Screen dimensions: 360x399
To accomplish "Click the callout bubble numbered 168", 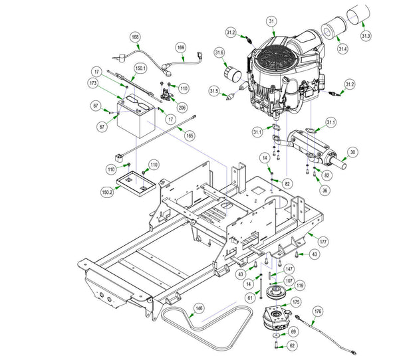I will [135, 38].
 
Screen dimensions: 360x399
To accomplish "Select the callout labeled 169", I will [181, 47].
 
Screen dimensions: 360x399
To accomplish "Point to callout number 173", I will [93, 82].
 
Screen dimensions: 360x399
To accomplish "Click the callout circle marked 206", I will [182, 108].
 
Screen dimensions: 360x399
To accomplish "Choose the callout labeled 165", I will [190, 135].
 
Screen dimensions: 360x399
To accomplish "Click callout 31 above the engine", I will [271, 22].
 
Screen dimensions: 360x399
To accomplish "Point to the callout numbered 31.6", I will [219, 53].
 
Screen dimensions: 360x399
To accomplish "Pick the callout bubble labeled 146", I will [198, 308].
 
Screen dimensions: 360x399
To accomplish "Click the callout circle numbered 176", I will [317, 311].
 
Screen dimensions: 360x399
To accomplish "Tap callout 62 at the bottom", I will [293, 345].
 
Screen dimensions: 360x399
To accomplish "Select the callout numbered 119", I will [300, 286].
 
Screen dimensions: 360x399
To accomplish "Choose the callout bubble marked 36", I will [325, 190].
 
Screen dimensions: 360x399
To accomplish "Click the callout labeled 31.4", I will [342, 48].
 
